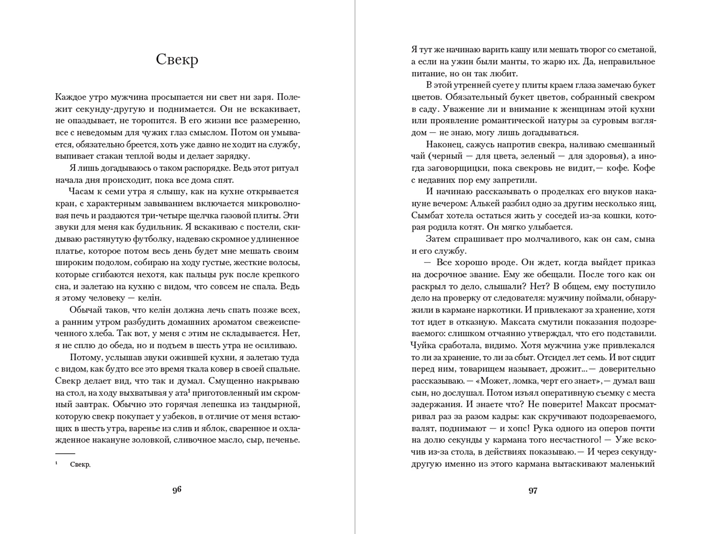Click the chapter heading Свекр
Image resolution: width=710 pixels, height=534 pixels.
pos(177,59)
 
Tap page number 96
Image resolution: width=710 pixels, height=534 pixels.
pos(177,490)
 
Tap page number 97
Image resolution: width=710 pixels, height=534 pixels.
pos(533,491)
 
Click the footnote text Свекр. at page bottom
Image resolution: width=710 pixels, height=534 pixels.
pos(81,465)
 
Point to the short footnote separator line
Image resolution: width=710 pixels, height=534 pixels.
pos(65,453)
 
